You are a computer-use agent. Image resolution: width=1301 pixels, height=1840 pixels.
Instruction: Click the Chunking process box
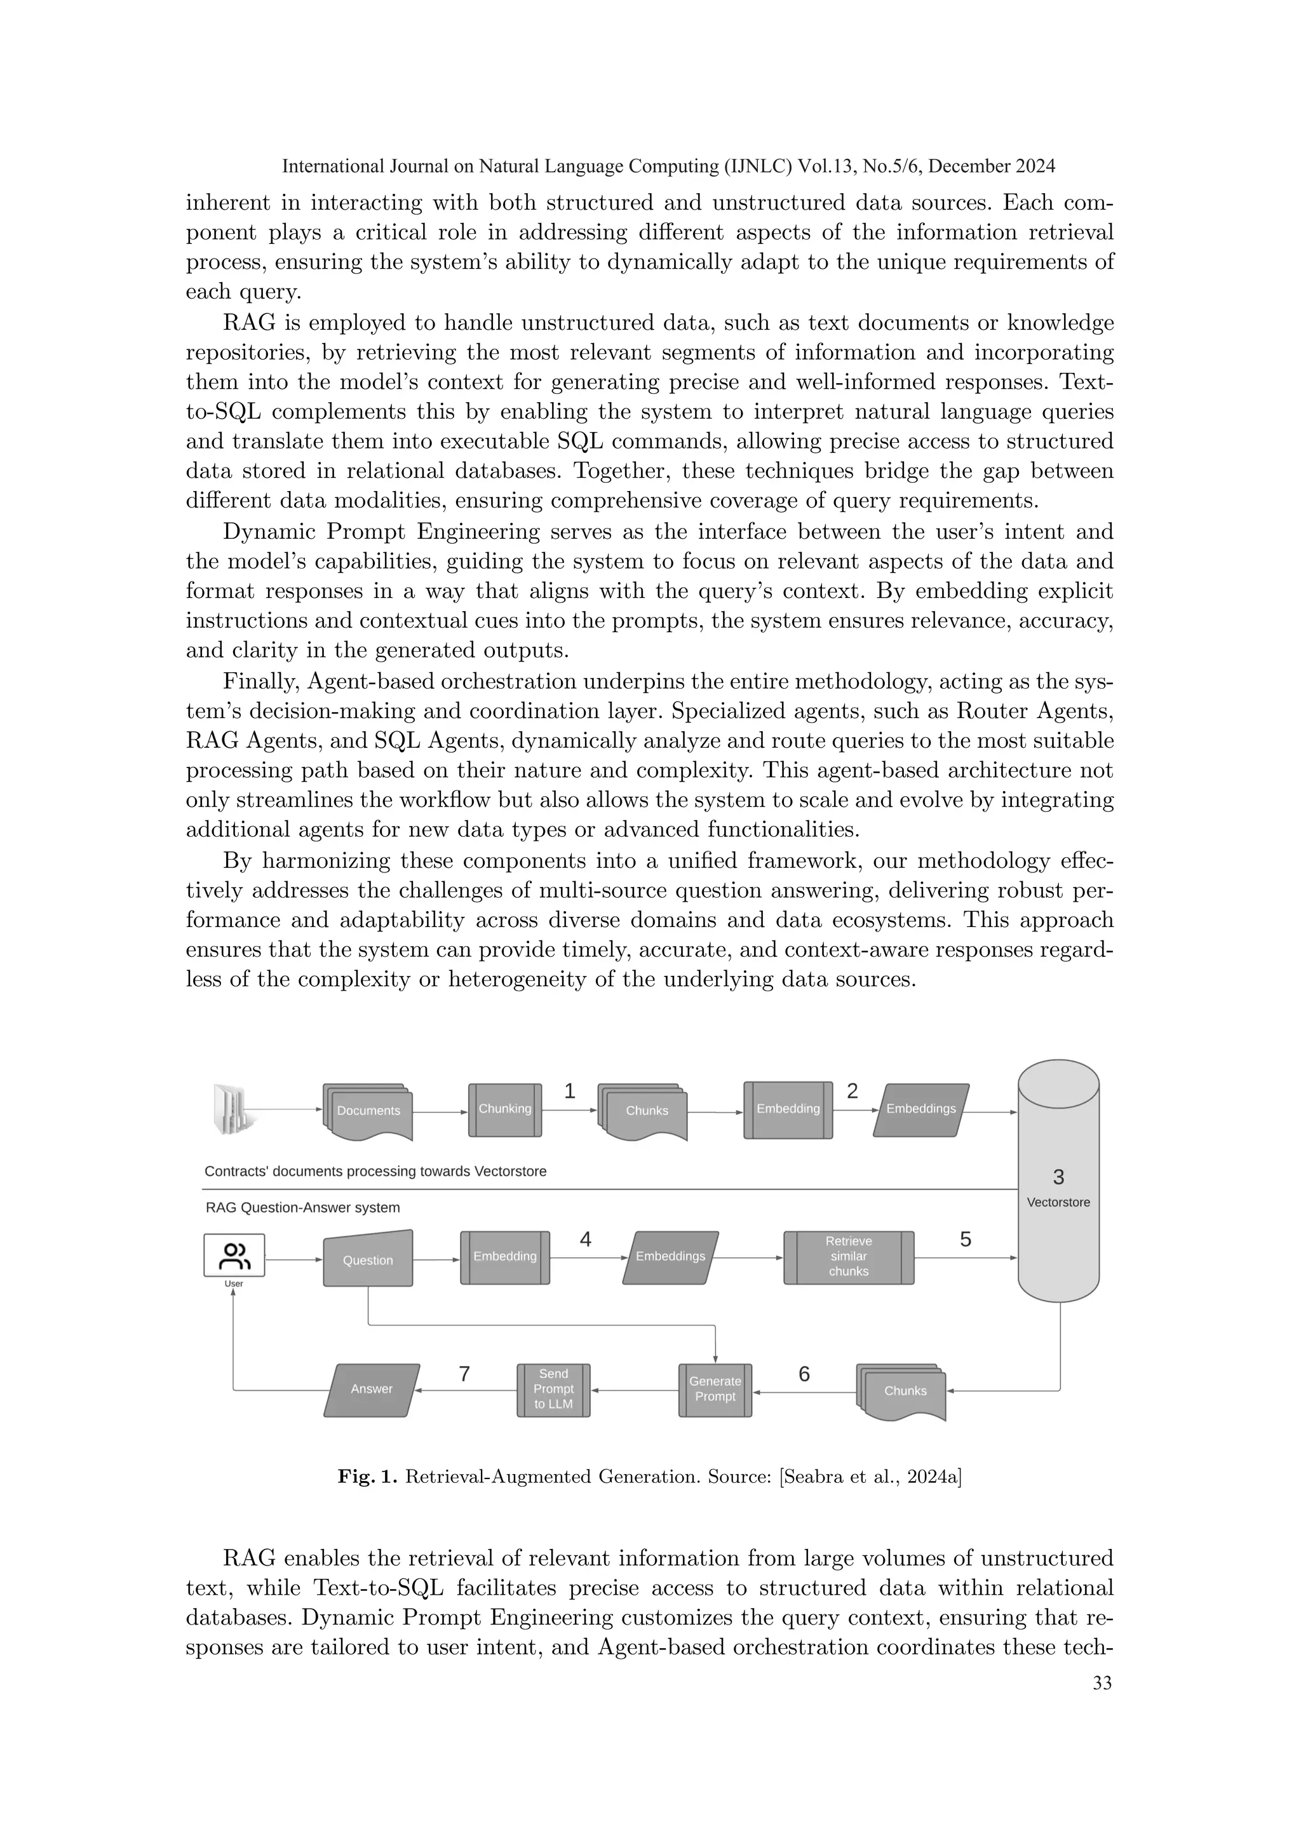coord(504,1109)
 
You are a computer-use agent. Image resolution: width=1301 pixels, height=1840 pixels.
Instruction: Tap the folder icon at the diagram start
coord(233,1109)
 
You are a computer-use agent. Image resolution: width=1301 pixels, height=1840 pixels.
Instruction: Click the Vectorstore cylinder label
coord(1058,1202)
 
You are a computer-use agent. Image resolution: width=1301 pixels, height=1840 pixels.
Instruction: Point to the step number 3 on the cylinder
coord(1058,1177)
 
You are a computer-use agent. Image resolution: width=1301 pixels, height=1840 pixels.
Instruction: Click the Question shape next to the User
coord(368,1260)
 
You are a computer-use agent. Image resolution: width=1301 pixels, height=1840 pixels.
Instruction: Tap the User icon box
coord(234,1255)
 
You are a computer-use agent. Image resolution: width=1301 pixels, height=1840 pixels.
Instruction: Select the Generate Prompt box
coord(715,1389)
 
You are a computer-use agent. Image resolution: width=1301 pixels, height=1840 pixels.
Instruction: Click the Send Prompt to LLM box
coord(553,1389)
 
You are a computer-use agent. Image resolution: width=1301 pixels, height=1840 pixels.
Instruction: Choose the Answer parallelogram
coord(372,1389)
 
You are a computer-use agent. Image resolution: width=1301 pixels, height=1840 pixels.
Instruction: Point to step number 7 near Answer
coord(464,1374)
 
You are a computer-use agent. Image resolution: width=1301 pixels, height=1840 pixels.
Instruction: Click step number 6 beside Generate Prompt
coord(804,1374)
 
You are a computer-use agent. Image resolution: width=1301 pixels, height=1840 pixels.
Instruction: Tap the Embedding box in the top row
coord(788,1109)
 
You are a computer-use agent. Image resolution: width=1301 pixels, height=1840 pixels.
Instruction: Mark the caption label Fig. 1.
coord(367,1476)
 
